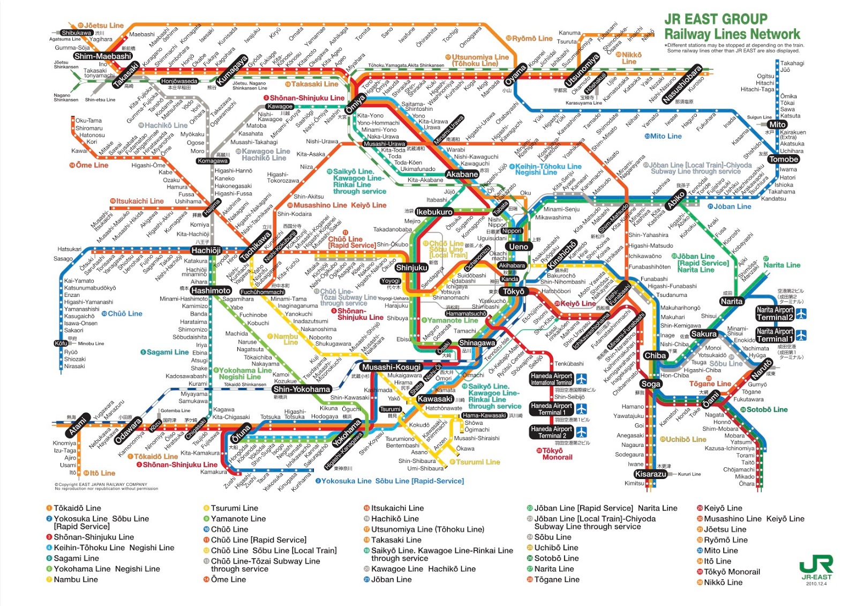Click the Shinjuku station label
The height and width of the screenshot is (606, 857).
click(411, 267)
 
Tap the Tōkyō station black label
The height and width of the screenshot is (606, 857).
click(513, 291)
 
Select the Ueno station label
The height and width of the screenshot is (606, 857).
click(518, 246)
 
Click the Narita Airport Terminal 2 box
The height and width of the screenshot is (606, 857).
click(775, 313)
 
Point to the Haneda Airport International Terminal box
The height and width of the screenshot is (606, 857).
click(552, 379)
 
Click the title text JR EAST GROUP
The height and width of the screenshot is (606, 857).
click(716, 19)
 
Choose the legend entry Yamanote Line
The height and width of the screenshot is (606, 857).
click(238, 519)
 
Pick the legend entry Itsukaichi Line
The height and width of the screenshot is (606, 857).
click(397, 508)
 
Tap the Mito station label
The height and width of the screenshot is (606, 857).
click(777, 124)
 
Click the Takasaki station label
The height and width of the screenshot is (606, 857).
click(126, 75)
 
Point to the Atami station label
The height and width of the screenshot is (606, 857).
click(78, 425)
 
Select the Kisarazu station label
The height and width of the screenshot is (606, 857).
click(650, 474)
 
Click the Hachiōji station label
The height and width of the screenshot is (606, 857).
click(206, 250)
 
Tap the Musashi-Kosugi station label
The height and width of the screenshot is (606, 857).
click(392, 367)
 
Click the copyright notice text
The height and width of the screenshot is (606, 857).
click(106, 487)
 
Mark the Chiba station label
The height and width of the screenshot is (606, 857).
click(655, 355)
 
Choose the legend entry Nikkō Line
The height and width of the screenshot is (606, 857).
click(723, 582)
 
